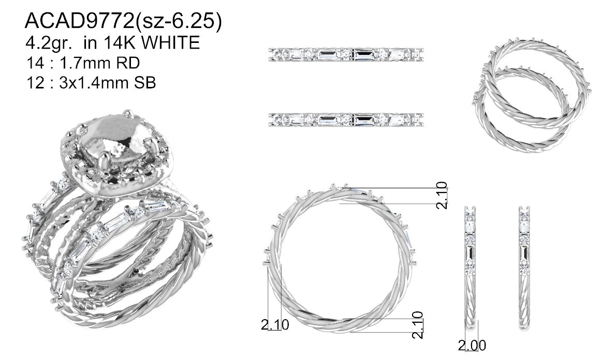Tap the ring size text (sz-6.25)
pos(179,22)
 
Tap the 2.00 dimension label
pos(472,346)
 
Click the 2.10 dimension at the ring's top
pos(443,195)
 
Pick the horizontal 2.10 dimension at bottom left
pos(275,324)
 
